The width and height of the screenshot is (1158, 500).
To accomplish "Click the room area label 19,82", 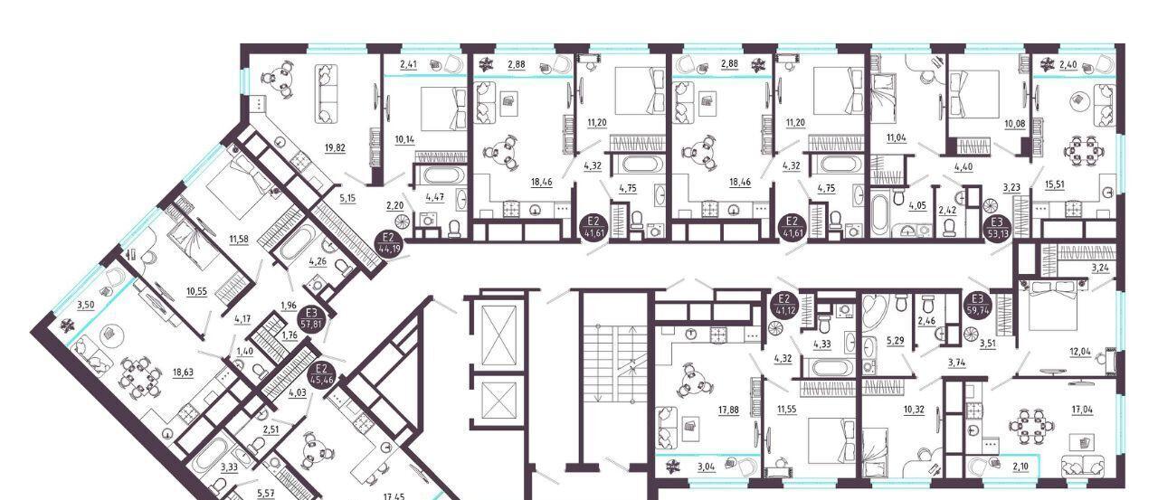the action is [x=335, y=148].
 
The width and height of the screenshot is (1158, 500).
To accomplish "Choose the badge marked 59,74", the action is [x=977, y=305].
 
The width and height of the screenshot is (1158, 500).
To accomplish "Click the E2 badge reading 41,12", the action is [x=784, y=305].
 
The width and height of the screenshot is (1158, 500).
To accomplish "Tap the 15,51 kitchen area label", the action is [x=1054, y=185].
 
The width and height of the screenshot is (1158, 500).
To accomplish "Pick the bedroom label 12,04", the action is [x=1080, y=353].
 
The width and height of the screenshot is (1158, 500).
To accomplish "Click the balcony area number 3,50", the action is [x=86, y=305].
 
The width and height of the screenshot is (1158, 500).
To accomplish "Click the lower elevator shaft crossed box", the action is [x=498, y=401].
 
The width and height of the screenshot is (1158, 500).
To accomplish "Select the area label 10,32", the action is [x=914, y=410].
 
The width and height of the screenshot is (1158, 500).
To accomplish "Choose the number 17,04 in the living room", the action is [x=1082, y=410].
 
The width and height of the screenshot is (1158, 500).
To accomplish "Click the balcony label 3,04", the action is [x=707, y=467].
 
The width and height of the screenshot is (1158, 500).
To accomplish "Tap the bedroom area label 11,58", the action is [x=240, y=240].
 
